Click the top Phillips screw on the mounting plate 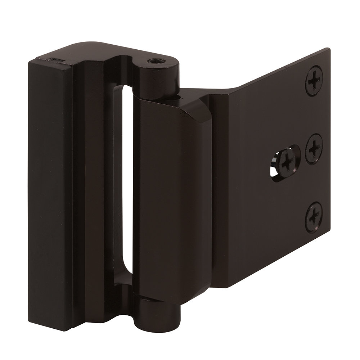click(314, 80)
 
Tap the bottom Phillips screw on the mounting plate click(314, 216)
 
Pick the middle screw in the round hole click(314, 148)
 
